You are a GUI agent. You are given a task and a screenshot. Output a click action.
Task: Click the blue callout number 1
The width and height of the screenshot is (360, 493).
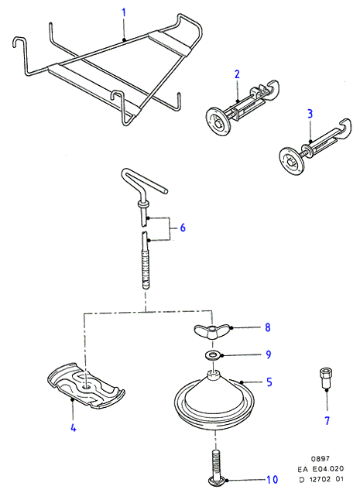tap(124, 13)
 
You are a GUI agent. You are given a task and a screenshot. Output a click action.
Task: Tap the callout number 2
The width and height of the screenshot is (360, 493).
tap(237, 74)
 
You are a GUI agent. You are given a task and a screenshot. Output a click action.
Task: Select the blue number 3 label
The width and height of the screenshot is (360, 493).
tap(310, 114)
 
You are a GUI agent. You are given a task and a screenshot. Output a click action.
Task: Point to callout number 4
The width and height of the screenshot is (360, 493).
tap(74, 427)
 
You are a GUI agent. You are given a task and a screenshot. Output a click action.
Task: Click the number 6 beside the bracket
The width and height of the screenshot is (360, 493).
tap(183, 228)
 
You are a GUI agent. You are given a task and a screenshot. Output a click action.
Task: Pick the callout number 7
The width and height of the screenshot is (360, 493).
tap(327, 420)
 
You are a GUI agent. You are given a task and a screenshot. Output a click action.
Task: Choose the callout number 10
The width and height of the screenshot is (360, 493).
tap(273, 480)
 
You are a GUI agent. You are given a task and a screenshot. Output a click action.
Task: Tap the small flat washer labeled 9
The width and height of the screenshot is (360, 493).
tap(213, 355)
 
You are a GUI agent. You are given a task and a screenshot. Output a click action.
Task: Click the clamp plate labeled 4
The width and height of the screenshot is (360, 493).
tap(85, 385)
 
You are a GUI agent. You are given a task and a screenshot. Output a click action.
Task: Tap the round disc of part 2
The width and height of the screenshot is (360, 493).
tap(218, 122)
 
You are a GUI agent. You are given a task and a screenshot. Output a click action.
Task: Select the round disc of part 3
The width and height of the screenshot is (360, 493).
tap(292, 161)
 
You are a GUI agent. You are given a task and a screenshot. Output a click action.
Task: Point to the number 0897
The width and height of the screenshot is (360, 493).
tap(321, 459)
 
